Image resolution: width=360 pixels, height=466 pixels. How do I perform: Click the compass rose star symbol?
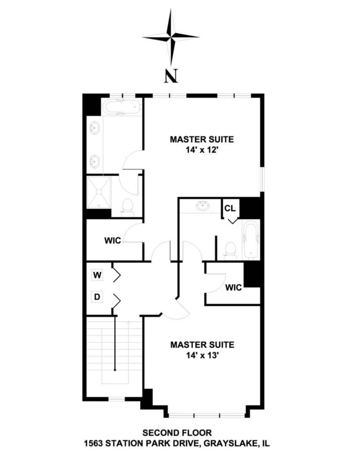171,37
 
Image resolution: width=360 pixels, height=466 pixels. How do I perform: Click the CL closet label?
229,208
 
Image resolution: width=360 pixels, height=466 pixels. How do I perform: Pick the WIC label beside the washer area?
113,241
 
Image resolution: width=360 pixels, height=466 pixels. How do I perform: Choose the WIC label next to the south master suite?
233,288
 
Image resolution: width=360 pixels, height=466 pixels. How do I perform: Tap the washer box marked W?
97,274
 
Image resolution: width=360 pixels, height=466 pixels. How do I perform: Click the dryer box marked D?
97,298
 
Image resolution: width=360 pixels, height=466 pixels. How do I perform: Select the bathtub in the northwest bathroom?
122,107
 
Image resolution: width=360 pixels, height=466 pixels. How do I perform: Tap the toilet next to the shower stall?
127,207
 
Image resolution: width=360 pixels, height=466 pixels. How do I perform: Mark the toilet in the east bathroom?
229,250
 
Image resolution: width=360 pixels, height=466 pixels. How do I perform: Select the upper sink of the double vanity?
95,128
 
